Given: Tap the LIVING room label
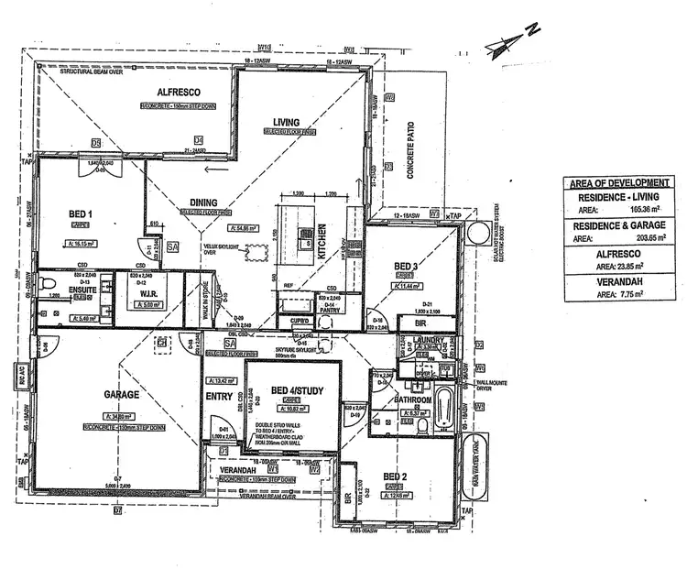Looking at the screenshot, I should pos(286,122).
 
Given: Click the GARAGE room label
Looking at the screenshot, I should pos(121,395).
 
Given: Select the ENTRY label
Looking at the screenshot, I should pos(220,396).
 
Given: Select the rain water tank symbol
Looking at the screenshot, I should pos(474,454).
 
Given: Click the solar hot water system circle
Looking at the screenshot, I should pos(478,234).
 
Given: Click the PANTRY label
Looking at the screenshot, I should pos(328,312).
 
